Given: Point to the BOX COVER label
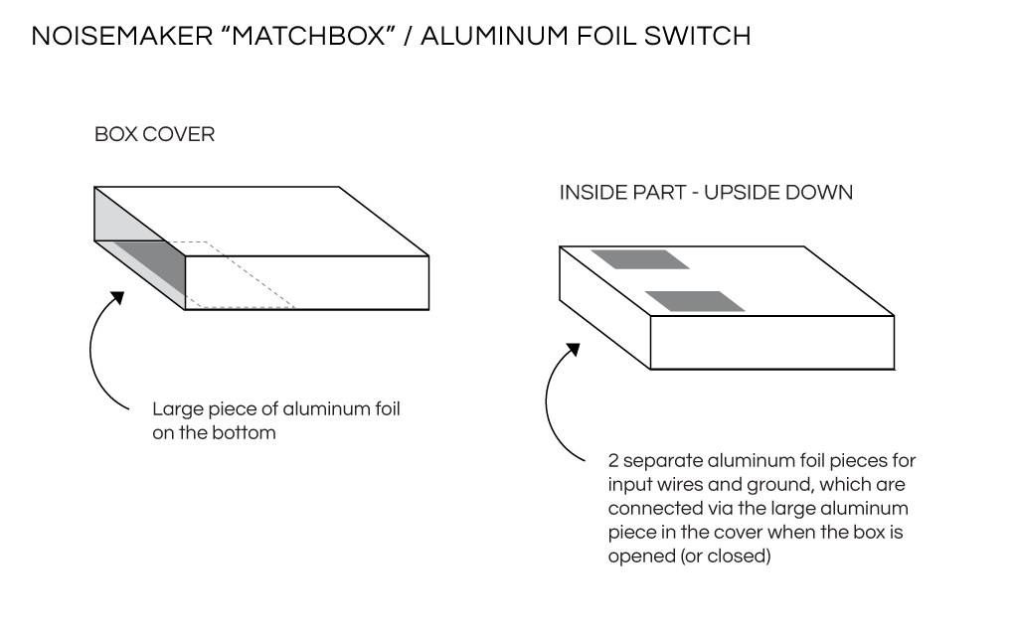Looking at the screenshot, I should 154,134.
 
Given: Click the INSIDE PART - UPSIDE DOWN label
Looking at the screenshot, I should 706,193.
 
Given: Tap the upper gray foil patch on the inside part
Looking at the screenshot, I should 639,259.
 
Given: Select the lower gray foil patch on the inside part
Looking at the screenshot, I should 695,301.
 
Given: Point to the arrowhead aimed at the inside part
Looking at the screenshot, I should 574,352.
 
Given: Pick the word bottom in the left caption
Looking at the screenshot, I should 245,432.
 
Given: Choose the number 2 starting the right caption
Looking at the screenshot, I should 613,461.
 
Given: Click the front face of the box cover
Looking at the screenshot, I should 307,282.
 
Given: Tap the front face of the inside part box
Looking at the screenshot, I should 771,342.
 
